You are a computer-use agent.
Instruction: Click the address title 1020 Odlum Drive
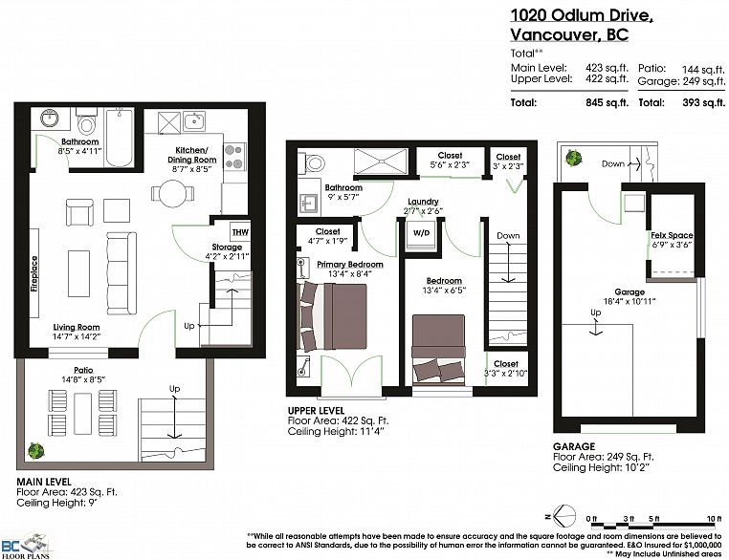pyautogui.click(x=581, y=14)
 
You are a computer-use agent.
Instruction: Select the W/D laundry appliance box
pyautogui.click(x=420, y=232)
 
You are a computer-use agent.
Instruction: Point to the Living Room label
pyautogui.click(x=77, y=328)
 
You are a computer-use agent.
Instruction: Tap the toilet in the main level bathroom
pyautogui.click(x=87, y=124)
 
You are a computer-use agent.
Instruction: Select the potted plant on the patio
pyautogui.click(x=35, y=449)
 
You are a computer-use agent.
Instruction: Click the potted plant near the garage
pyautogui.click(x=574, y=159)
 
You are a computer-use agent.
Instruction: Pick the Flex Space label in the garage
pyautogui.click(x=672, y=235)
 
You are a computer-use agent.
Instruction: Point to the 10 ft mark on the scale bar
pyautogui.click(x=712, y=518)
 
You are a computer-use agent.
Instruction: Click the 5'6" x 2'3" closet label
pyautogui.click(x=450, y=162)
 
